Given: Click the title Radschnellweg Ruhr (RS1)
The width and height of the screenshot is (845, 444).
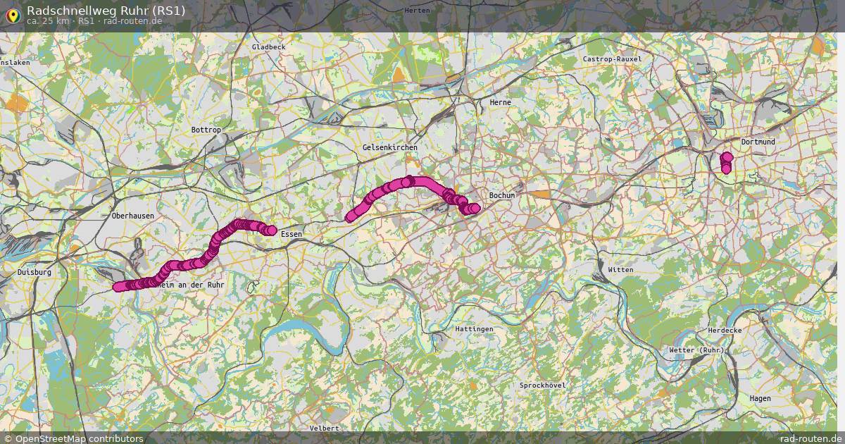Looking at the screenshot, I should click(x=106, y=10).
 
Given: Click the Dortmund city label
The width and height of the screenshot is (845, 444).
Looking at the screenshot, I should click(x=758, y=142).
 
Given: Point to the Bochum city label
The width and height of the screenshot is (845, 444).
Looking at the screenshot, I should click(x=503, y=195).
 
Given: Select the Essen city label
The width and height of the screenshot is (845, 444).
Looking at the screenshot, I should click(x=291, y=234).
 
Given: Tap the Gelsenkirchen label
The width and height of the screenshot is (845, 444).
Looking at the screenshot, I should click(x=389, y=147).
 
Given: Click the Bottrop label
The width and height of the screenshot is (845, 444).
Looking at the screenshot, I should click(x=206, y=130).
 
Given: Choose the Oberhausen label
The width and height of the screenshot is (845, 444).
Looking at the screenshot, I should click(x=132, y=216).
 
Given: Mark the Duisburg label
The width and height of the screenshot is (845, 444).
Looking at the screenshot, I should click(x=35, y=271).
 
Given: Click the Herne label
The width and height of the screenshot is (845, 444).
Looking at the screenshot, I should click(x=500, y=102).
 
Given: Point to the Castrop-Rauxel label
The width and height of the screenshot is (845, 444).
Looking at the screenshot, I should click(x=612, y=59).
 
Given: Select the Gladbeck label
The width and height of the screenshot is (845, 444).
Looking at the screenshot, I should click(x=268, y=47).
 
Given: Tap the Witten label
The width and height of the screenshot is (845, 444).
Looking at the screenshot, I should click(x=620, y=270).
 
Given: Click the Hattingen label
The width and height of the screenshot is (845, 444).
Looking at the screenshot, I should click(x=474, y=329).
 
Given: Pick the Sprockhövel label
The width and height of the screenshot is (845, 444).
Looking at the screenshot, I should click(x=542, y=386).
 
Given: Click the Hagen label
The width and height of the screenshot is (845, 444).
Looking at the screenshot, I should click(x=760, y=398).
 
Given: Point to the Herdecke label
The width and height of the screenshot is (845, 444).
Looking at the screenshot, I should click(x=725, y=331).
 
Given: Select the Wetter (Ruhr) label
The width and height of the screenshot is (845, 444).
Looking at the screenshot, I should click(x=696, y=350).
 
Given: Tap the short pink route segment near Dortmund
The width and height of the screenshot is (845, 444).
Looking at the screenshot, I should click(x=727, y=163).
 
